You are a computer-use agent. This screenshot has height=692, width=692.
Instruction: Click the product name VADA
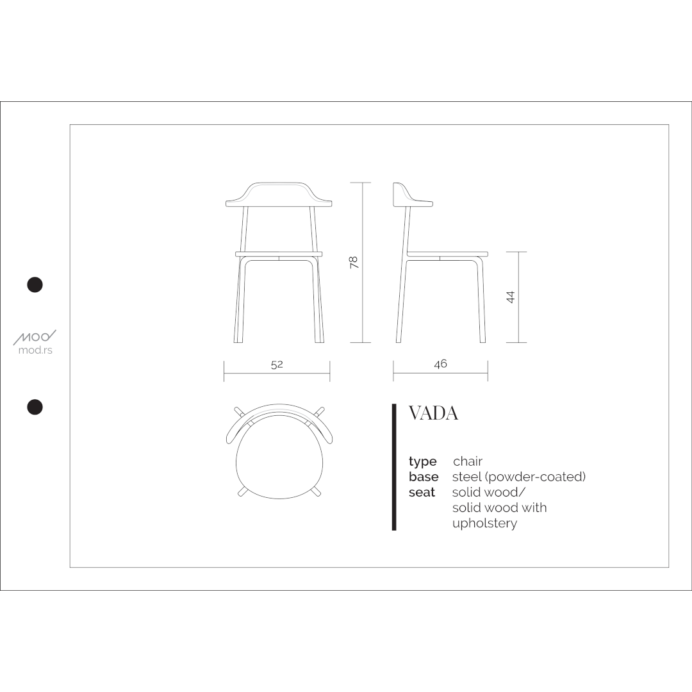pos(433,414)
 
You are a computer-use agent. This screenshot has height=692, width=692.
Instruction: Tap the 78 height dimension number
pos(354,262)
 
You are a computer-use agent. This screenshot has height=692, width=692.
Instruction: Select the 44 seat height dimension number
pos(511,297)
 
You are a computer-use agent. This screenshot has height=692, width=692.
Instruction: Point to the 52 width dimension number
pos(277,365)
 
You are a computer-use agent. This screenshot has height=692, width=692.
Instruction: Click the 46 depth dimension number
pos(440,364)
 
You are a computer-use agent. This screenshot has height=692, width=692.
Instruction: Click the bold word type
pos(423,462)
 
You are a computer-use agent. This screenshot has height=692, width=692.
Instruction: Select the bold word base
pos(424,477)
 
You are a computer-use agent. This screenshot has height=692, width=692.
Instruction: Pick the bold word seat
pos(422,493)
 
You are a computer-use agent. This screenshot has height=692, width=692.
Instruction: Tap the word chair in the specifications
pos(468,461)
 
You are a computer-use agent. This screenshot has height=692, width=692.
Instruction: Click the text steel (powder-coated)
pos(519,477)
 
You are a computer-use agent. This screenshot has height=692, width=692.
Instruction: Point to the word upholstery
pos(484,523)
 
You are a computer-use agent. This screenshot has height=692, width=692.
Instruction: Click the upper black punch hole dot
pos(35,284)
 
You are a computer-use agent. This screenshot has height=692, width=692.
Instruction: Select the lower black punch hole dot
pos(35,407)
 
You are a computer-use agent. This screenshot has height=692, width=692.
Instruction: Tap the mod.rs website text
pos(35,350)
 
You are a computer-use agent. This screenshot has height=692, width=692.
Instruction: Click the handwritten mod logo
pos(35,337)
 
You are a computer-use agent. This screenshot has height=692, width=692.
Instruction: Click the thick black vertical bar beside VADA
pos(394,468)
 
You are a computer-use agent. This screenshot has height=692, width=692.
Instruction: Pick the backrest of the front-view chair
pos(279,195)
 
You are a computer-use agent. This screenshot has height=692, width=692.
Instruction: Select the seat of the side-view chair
pos(447,254)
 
